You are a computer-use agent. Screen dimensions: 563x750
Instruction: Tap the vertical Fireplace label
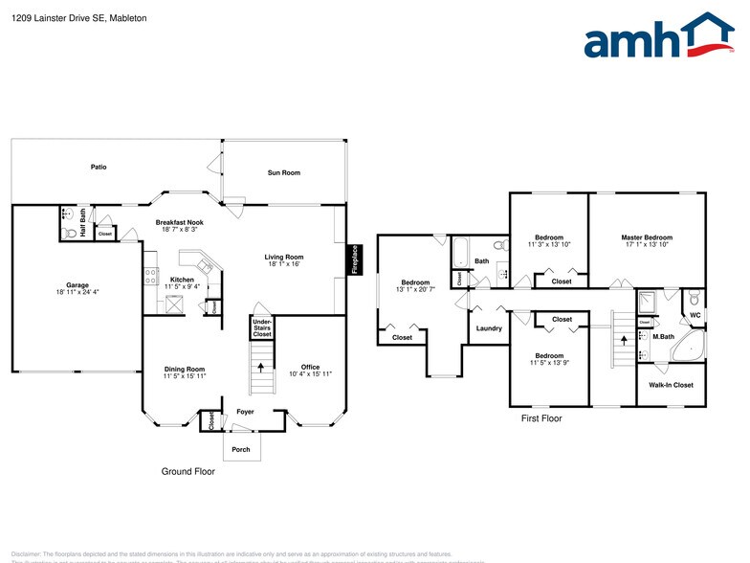(x=354, y=259)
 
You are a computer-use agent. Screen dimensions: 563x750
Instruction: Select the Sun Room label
(x=283, y=173)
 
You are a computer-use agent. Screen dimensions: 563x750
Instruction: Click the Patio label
(x=99, y=167)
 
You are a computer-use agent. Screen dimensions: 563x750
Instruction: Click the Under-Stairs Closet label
(x=262, y=328)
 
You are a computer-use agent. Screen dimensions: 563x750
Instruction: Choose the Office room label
(x=310, y=367)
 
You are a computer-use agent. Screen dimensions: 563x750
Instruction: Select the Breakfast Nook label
(x=179, y=222)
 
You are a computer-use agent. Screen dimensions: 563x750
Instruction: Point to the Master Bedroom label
(x=647, y=237)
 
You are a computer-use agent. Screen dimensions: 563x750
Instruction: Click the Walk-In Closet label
(x=671, y=385)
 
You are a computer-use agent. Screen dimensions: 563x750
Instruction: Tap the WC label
(x=695, y=314)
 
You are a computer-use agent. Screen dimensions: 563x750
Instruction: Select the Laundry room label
(x=489, y=328)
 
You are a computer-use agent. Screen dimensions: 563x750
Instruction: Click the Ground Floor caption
(x=187, y=471)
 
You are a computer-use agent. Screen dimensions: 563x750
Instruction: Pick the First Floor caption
(x=541, y=418)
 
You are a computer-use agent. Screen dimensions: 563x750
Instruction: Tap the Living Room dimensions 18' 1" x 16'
(x=284, y=264)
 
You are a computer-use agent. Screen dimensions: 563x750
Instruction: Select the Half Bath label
(x=83, y=222)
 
